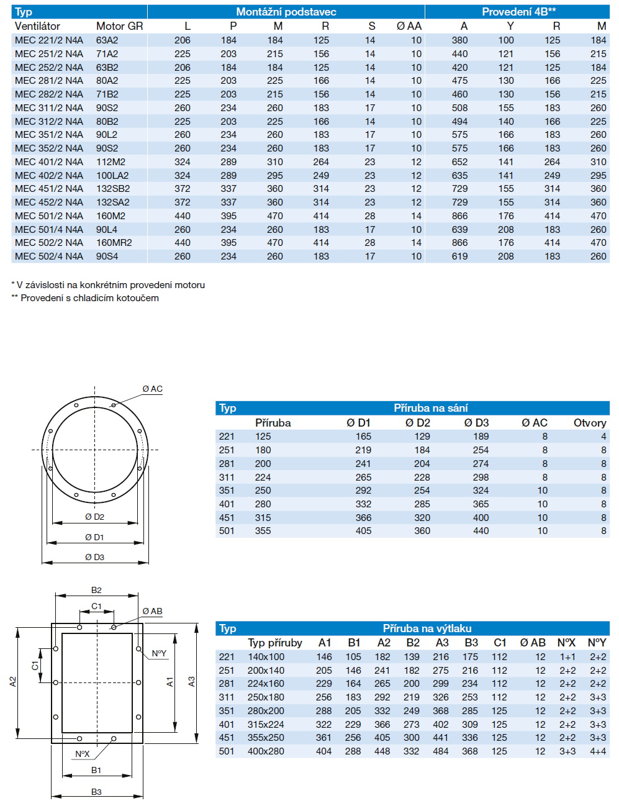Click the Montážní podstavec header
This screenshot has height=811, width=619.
tap(286, 12)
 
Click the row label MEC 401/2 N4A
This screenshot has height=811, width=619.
tap(48, 162)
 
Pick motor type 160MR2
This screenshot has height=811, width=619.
tap(114, 243)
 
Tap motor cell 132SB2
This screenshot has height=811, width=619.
tap(112, 189)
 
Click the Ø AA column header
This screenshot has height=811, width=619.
tap(409, 26)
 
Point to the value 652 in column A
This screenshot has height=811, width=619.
tap(459, 162)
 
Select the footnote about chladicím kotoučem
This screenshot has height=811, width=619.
tap(85, 298)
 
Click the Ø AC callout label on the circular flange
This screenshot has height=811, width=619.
tap(152, 389)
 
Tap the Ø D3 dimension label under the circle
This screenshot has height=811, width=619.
tap(94, 558)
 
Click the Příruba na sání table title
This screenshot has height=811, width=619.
tap(430, 408)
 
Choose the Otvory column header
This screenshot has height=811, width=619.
tap(589, 423)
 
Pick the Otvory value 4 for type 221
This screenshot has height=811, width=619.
tap(603, 437)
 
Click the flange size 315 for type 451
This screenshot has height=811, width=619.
tap(263, 518)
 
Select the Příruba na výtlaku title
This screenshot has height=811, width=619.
tap(427, 628)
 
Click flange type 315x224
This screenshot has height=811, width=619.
tap(266, 724)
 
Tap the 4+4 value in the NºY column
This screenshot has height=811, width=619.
tap(597, 751)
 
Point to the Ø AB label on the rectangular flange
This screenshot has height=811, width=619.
tap(152, 612)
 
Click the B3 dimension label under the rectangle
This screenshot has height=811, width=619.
tap(96, 792)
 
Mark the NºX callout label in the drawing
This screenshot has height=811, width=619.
tap(83, 754)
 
